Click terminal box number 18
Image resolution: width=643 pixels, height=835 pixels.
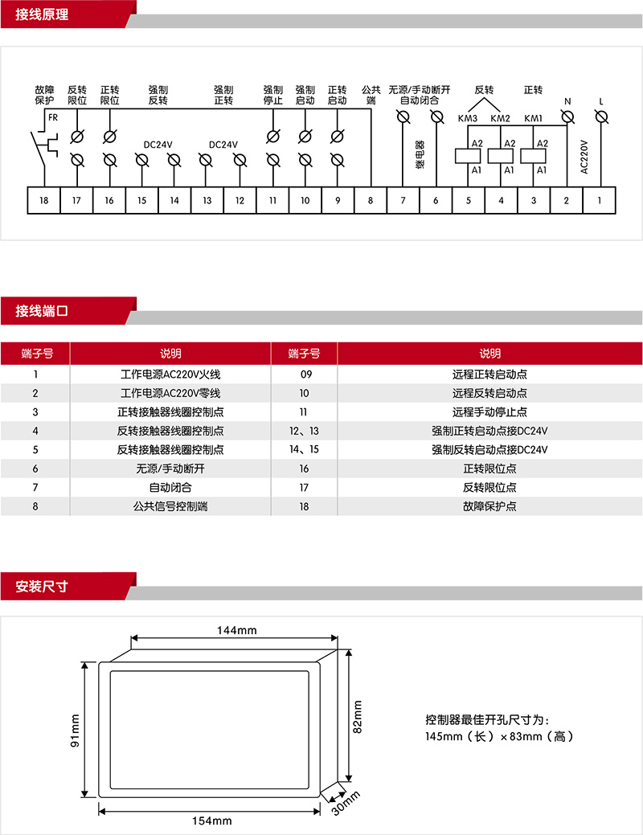44,200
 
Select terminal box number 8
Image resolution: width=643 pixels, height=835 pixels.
371,200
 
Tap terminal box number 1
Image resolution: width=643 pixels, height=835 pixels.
599,200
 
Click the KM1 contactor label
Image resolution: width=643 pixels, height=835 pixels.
533,119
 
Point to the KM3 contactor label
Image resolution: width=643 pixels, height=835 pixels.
468,119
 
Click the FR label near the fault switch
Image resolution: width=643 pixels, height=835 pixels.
53,117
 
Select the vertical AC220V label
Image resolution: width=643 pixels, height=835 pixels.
584,157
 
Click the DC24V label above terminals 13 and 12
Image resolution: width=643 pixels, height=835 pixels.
223,145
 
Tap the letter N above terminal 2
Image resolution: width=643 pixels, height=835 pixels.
567,101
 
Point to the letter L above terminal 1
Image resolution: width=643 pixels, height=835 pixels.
600,101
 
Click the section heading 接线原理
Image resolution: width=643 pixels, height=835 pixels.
42,14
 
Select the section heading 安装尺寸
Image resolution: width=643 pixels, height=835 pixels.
42,587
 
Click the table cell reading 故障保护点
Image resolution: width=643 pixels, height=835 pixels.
489,507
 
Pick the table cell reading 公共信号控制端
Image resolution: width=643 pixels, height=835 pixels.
170,507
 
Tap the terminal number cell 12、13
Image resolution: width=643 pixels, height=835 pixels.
304,431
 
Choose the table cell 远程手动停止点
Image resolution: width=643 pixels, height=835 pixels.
489,412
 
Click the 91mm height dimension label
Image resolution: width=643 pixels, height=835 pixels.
75,731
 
